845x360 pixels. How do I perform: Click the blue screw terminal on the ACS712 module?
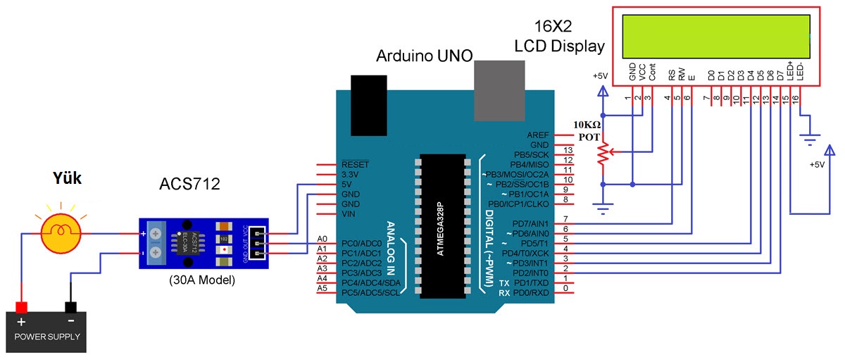[156, 242]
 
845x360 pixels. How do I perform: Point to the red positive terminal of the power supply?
[21, 307]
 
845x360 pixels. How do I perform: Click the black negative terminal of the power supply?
[70, 307]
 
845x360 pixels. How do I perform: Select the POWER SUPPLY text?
[46, 336]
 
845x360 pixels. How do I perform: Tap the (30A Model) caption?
[201, 280]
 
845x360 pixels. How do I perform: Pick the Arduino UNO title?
[425, 56]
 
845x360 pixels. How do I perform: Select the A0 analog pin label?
[323, 240]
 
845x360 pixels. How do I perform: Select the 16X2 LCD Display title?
[559, 37]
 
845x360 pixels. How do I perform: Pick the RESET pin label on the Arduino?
[355, 164]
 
